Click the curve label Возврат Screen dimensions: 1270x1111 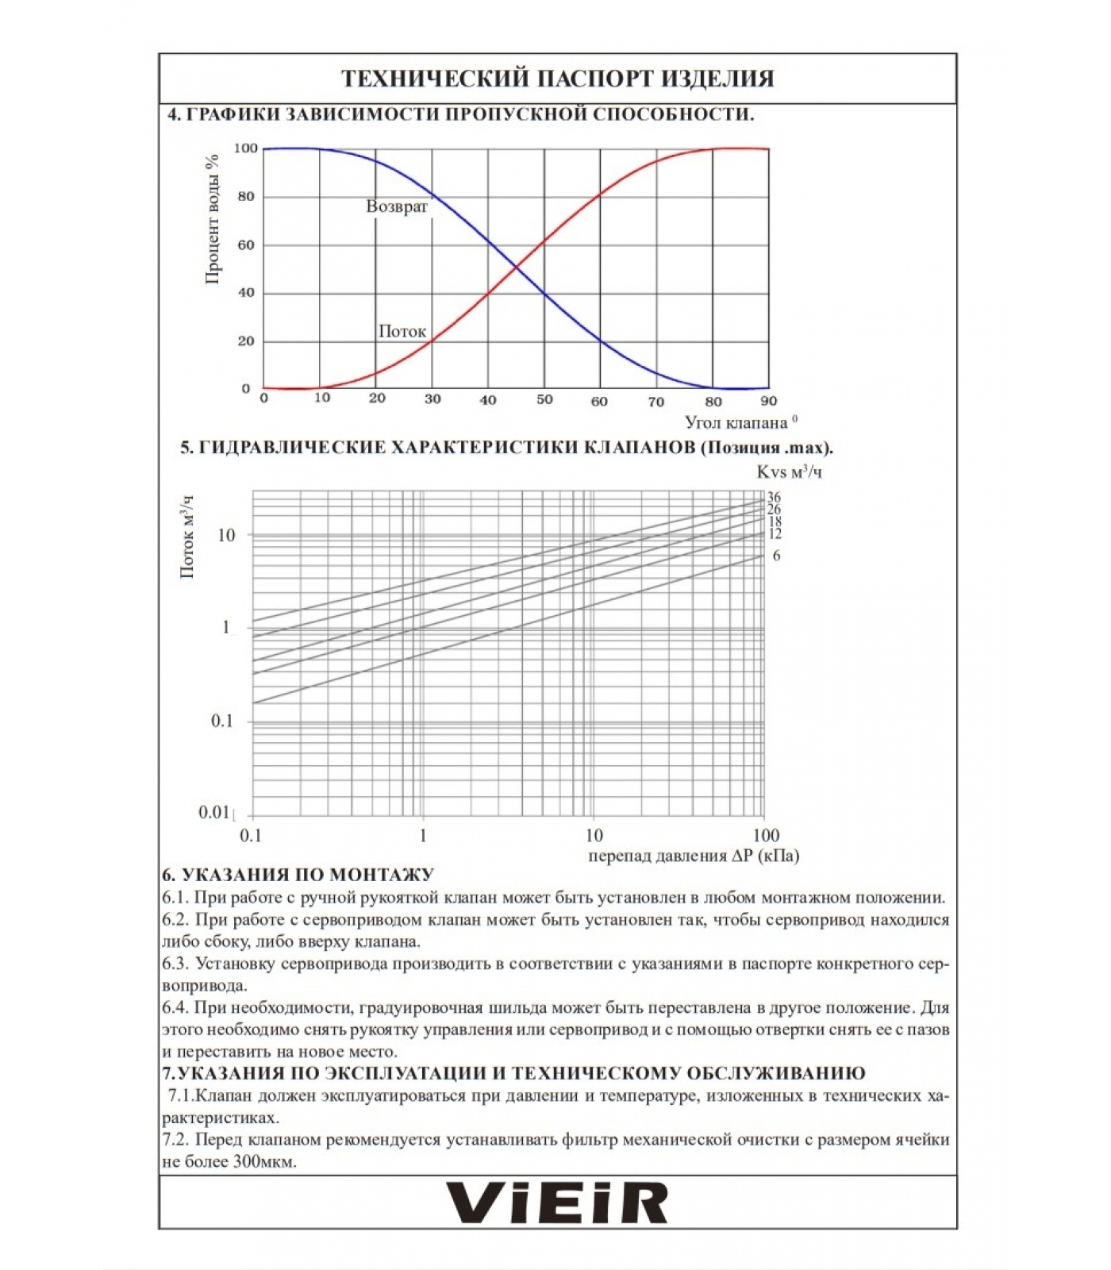pos(397,206)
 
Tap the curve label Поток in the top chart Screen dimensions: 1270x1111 pos(402,331)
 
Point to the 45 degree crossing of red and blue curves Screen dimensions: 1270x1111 pos(516,268)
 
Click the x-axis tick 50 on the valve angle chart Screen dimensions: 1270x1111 pos(544,400)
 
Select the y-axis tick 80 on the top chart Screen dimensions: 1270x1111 pos(246,197)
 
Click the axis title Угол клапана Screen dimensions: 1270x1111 pos(736,422)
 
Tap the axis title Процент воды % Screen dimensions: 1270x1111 pos(212,217)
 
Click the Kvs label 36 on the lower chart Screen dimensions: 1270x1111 pos(774,498)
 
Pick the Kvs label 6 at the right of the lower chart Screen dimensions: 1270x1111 pos(776,556)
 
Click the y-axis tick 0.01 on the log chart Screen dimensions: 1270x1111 pos(214,812)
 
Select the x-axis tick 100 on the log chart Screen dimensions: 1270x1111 pos(766,835)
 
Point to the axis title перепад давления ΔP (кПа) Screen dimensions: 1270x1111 pos(694,856)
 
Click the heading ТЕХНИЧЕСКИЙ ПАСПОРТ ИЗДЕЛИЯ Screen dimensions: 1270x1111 pos(557,79)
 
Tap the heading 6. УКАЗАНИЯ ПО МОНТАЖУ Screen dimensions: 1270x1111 pos(298,875)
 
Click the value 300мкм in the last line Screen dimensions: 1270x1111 pos(265,1162)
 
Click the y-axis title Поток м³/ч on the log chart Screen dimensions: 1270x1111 pos(188,537)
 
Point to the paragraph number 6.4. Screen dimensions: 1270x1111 pos(175,1008)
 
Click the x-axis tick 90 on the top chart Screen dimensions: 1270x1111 pos(768,401)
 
